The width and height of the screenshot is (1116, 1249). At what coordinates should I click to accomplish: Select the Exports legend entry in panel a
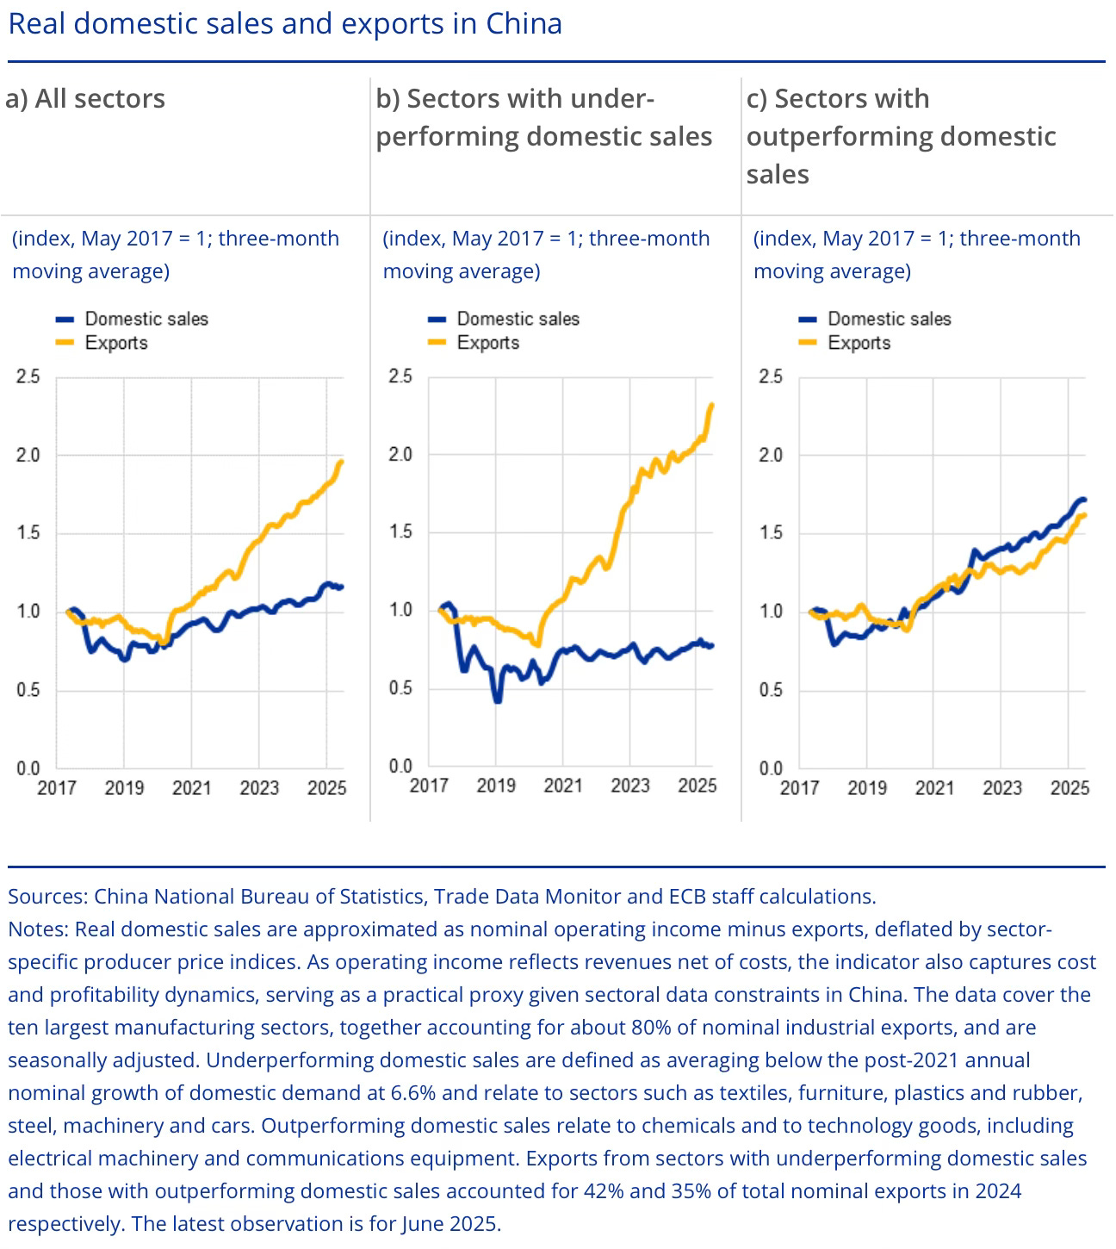click(x=115, y=343)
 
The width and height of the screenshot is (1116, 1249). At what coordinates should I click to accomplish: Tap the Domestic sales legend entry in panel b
click(x=518, y=319)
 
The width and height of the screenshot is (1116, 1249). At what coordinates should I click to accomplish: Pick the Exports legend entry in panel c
click(x=859, y=343)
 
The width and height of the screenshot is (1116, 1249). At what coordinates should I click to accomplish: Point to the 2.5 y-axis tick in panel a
click(x=28, y=376)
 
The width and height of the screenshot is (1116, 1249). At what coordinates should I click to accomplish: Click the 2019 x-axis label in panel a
click(x=124, y=787)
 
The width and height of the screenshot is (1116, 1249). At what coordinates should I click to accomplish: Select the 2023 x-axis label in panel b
click(x=630, y=786)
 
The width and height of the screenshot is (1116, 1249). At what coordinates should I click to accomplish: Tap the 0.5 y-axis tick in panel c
click(x=771, y=691)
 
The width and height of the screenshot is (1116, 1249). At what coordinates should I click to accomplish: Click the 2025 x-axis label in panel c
click(x=1069, y=787)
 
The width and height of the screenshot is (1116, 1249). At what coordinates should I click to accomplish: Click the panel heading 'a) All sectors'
click(x=85, y=99)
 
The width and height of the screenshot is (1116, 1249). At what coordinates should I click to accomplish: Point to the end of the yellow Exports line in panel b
click(x=712, y=405)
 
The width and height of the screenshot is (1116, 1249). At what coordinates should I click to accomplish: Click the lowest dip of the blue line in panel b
click(x=497, y=701)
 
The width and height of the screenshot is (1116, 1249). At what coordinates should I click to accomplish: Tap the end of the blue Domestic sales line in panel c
click(x=1083, y=500)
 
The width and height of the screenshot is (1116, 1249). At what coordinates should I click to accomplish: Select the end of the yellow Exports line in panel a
click(x=342, y=462)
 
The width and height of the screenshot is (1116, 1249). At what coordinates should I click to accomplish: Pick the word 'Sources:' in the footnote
click(x=47, y=897)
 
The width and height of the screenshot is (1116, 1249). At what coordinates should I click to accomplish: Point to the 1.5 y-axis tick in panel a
click(x=28, y=533)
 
